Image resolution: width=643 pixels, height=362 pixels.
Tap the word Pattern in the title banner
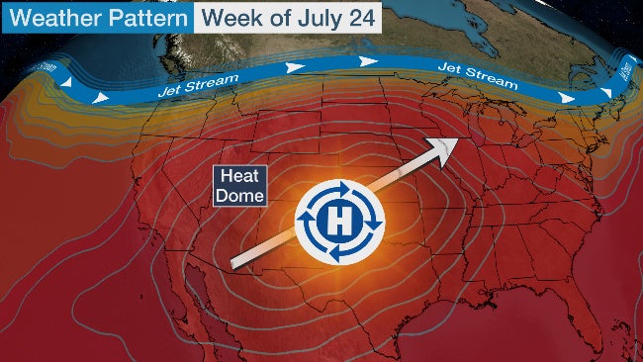tap(145, 19)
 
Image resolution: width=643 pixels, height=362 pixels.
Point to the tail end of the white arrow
tap(233, 263)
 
